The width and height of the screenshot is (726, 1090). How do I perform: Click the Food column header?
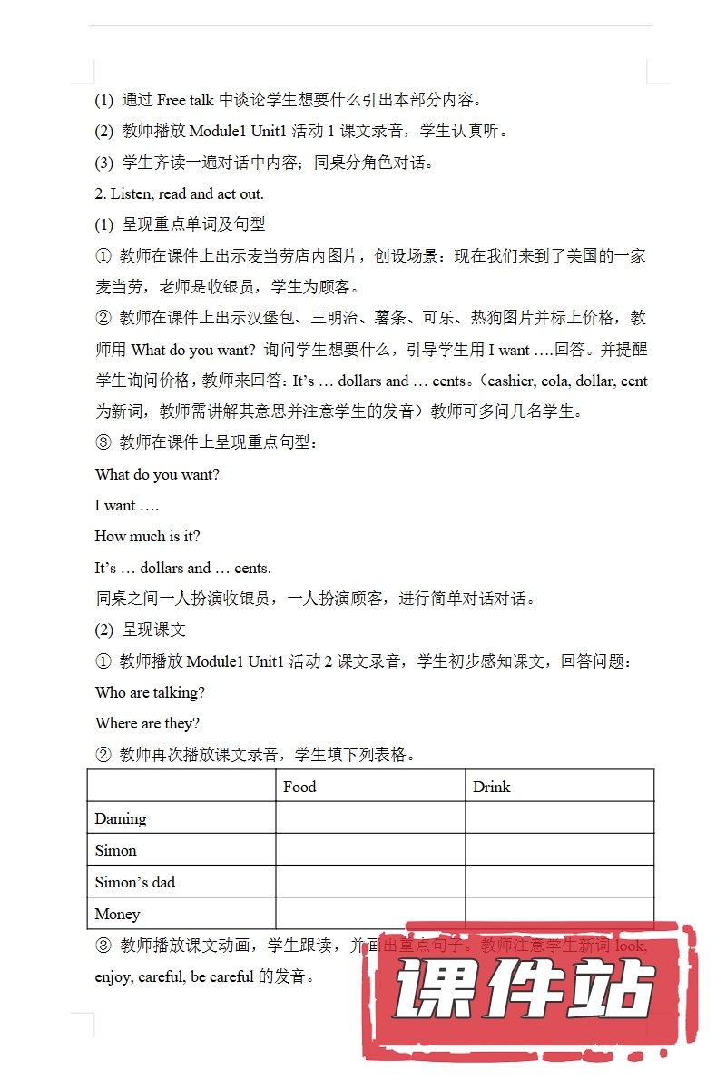[x=299, y=787]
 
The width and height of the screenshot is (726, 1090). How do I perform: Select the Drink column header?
[x=491, y=787]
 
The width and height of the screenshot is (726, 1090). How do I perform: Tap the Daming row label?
[x=121, y=818]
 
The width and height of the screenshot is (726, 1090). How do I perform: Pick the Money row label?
[x=117, y=914]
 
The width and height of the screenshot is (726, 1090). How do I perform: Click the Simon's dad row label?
[x=135, y=882]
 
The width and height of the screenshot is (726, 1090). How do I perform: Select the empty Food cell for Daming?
[x=370, y=817]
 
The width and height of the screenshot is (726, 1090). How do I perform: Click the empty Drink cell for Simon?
[x=559, y=849]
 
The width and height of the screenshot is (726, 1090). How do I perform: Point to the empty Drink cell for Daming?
[x=559, y=817]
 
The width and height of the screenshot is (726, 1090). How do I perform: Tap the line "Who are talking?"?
[x=150, y=692]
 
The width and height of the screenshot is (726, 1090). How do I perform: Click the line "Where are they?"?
[x=147, y=723]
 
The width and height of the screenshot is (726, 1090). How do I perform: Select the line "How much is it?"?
[x=147, y=536]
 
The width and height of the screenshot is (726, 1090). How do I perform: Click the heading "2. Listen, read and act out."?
[x=179, y=193]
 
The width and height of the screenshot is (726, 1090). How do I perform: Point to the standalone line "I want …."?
[x=126, y=505]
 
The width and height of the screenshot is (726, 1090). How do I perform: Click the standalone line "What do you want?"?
[x=157, y=474]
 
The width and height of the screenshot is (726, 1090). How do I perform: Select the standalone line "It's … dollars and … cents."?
[x=182, y=568]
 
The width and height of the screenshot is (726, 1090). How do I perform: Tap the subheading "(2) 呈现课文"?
[x=141, y=629]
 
